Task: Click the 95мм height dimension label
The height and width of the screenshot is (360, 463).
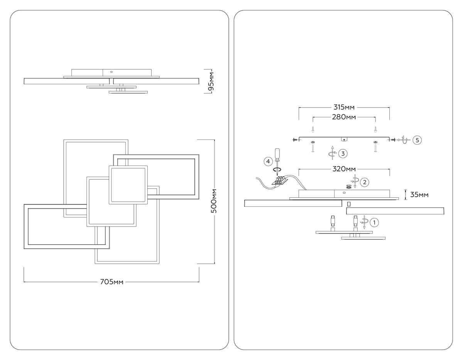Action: point(211,81)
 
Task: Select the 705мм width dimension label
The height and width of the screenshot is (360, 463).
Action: point(112,282)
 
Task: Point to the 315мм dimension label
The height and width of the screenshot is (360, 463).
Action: point(344,107)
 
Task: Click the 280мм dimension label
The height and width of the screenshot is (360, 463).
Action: point(344,117)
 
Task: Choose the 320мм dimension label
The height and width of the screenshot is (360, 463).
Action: point(344,169)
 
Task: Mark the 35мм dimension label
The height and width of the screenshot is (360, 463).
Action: point(419,195)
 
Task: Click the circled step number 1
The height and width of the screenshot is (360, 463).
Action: point(374,222)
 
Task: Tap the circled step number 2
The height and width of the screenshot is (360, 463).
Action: point(365,182)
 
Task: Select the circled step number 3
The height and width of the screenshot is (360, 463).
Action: point(343,154)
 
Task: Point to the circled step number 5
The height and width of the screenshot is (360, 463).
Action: point(417,140)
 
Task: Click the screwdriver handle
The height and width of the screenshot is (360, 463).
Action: point(276,154)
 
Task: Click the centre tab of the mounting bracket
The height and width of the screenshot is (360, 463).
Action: point(344,139)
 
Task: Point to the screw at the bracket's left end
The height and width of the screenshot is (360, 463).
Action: point(296,139)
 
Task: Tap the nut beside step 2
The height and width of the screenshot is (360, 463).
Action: point(349,186)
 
